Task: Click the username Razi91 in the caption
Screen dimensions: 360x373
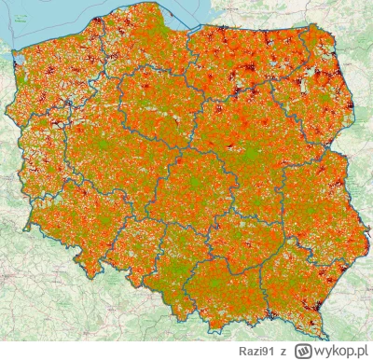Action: [x=256, y=348]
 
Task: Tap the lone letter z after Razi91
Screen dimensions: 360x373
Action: [x=281, y=348]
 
